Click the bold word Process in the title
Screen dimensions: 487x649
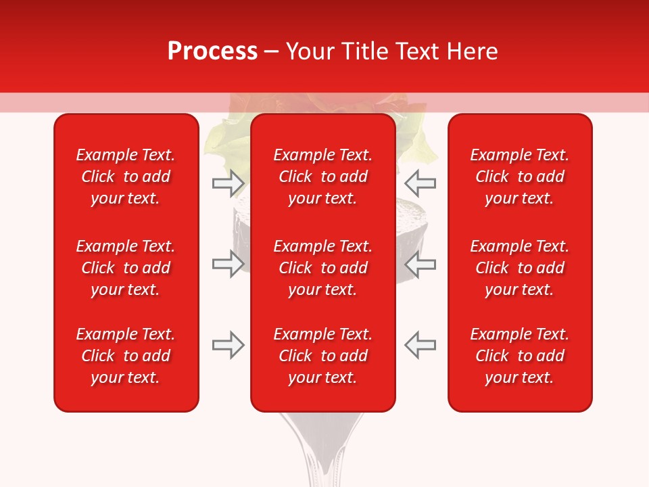[x=212, y=51]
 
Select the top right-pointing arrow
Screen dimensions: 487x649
[x=228, y=183]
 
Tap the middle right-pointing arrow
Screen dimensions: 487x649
[x=228, y=264]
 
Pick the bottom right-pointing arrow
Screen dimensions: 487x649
[x=228, y=345]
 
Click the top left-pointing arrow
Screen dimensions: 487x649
[x=420, y=183]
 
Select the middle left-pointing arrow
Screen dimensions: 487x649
[x=420, y=264]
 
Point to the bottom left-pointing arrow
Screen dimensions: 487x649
[x=420, y=345]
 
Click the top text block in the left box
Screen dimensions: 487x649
[x=126, y=177]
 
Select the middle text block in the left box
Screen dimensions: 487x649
[x=126, y=268]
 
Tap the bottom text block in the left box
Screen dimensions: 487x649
[x=126, y=356]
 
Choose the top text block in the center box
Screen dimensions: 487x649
[x=322, y=177]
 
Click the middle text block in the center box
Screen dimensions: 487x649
[x=322, y=268]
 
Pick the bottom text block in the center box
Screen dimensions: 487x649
[x=322, y=356]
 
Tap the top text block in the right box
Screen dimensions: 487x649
[x=519, y=177]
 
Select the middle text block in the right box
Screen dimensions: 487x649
[x=519, y=268]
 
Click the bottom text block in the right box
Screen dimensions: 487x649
[x=519, y=356]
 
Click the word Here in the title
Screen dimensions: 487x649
[x=473, y=51]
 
